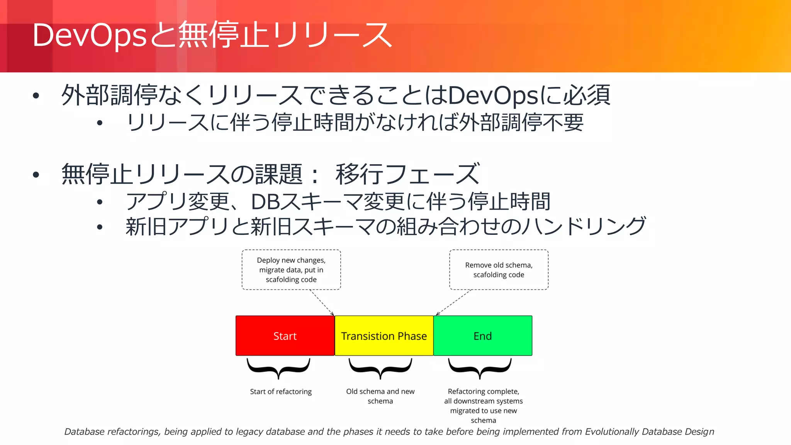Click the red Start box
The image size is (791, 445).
click(285, 336)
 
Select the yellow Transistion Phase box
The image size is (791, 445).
click(384, 336)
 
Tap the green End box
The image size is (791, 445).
click(483, 336)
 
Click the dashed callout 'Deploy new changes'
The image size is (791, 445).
click(291, 270)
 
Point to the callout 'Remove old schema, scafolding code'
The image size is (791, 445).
click(499, 270)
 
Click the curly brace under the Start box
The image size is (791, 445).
click(278, 368)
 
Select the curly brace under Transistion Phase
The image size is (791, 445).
click(380, 368)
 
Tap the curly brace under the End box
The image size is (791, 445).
click(480, 368)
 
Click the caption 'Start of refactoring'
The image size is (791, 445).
click(281, 392)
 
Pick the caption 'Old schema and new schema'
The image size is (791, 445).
click(380, 396)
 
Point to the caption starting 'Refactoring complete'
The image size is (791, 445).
click(483, 406)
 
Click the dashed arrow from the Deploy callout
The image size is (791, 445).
click(323, 303)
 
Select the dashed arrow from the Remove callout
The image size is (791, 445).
click(454, 303)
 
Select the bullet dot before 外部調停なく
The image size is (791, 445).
click(36, 96)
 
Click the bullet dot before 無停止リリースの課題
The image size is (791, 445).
click(36, 175)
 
